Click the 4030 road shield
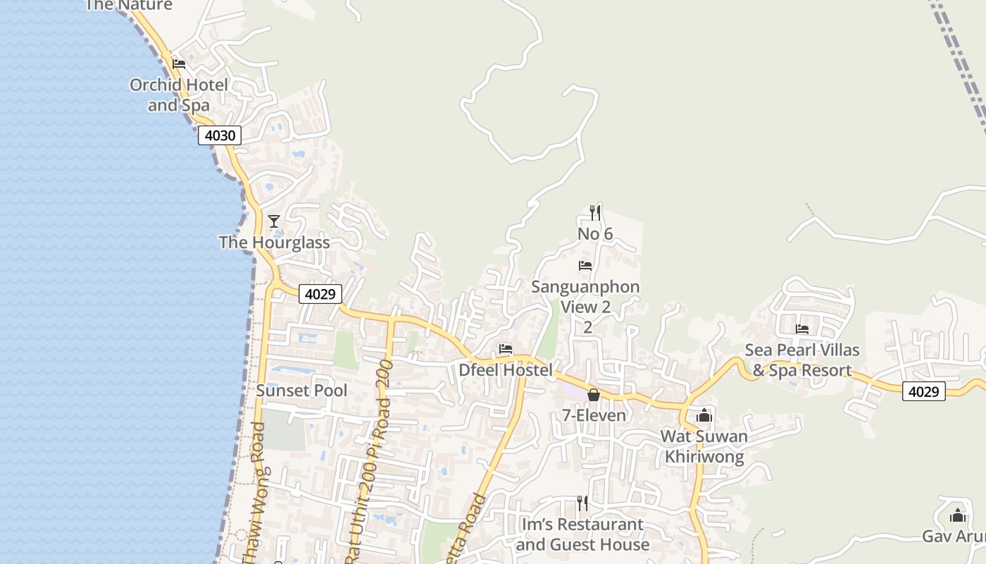(x=220, y=135)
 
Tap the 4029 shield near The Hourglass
(x=320, y=294)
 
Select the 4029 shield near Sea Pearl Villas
(x=923, y=391)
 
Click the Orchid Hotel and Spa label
(x=179, y=95)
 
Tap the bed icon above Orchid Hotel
(x=179, y=63)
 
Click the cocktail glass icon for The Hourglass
(x=274, y=221)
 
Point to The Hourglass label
(x=274, y=243)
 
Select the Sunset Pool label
(x=301, y=391)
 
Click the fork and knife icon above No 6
(x=595, y=212)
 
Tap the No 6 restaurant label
(x=595, y=233)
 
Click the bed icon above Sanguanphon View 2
(x=585, y=266)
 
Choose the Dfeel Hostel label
(x=506, y=369)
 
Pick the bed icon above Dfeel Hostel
(x=506, y=348)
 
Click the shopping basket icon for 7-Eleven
(x=594, y=395)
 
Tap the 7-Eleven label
(x=594, y=415)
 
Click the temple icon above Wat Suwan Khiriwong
(x=704, y=415)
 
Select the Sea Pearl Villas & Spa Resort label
(x=802, y=360)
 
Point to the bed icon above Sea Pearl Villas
(x=802, y=329)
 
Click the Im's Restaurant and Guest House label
(x=582, y=534)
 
